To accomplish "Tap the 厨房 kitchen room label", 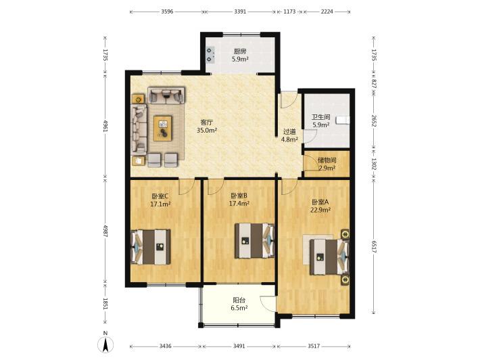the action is tap(240, 51).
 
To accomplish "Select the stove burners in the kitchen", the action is tap(210, 55).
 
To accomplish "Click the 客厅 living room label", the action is tap(207, 122).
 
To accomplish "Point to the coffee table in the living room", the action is tap(162, 128).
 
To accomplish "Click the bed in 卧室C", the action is tap(151, 246).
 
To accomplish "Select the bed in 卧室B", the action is tap(254, 240).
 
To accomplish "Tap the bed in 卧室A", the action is tap(329, 256).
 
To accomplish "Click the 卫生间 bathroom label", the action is tap(321, 117).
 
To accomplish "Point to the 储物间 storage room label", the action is tap(327, 160).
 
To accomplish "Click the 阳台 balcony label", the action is tap(239, 300).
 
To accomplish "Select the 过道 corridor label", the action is tap(289, 132).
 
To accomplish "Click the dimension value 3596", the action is tap(167, 12).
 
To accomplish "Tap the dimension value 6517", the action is tap(374, 246).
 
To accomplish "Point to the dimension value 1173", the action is tap(289, 12).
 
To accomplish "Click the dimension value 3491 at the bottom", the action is tap(239, 346).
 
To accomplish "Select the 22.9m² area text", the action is tap(320, 210).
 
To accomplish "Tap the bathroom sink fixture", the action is tap(343, 120).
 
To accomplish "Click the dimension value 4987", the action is tap(105, 231).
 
